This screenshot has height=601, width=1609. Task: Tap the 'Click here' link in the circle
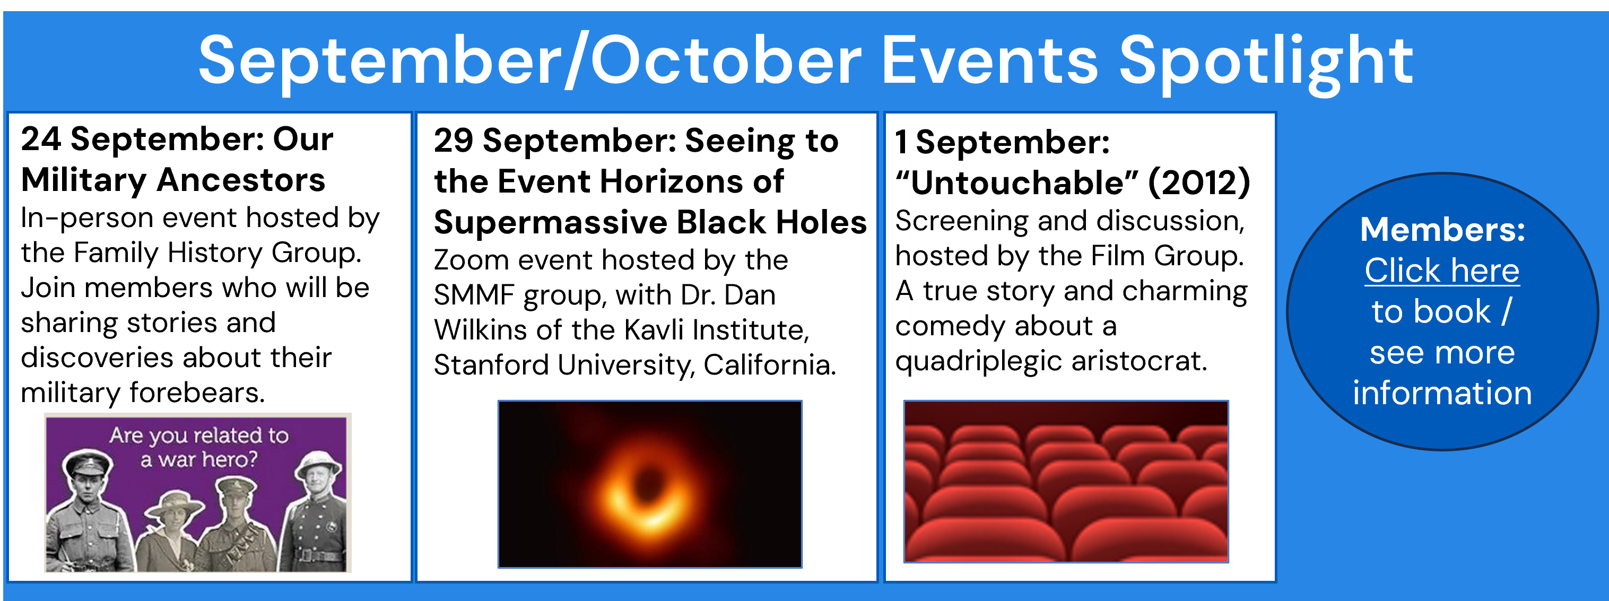(x=1441, y=271)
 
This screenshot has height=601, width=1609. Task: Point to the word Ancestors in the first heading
(x=241, y=180)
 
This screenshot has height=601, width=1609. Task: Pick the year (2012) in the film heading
(x=1199, y=182)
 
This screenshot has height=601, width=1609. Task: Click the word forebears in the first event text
(x=197, y=393)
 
